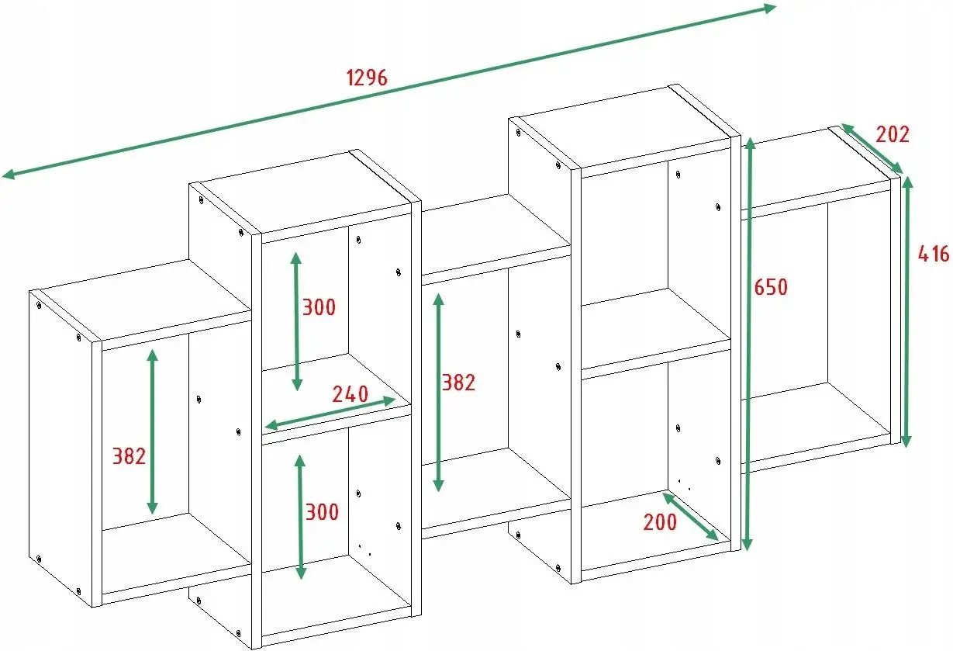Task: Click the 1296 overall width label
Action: click(367, 78)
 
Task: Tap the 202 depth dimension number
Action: click(893, 134)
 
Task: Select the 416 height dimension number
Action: click(933, 254)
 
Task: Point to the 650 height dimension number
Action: click(771, 287)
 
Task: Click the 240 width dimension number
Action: click(350, 394)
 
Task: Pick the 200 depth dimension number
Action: click(659, 522)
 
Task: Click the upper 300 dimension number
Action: click(319, 307)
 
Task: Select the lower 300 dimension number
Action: click(322, 512)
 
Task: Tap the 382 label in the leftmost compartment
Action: click(129, 456)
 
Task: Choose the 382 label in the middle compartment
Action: click(458, 383)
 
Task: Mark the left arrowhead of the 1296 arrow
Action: click(9, 174)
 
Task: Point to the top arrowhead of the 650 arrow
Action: click(750, 144)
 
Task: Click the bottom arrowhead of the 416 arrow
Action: click(906, 441)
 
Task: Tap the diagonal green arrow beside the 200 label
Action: click(690, 517)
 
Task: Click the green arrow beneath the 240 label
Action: click(330, 413)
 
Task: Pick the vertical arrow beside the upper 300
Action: click(296, 321)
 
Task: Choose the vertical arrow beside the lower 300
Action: click(300, 518)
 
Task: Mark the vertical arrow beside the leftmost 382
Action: click(152, 431)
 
